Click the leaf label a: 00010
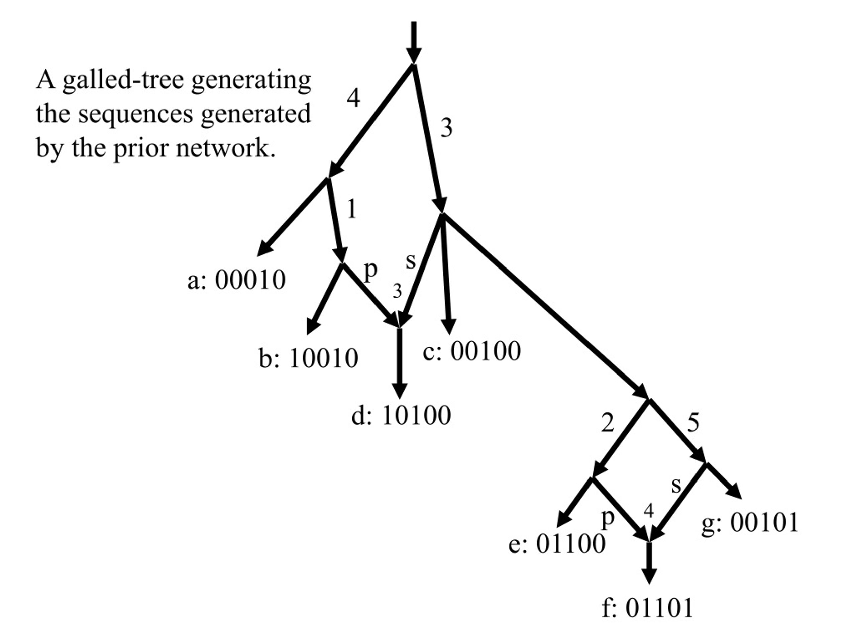click(x=236, y=280)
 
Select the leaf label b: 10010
click(x=308, y=358)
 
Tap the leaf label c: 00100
click(x=472, y=351)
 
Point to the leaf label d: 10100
click(x=401, y=415)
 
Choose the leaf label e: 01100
click(x=557, y=543)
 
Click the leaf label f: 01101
click(x=647, y=608)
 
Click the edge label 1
click(x=351, y=209)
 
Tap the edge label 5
click(x=693, y=422)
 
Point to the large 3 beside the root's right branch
click(x=446, y=128)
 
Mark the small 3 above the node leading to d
click(x=397, y=291)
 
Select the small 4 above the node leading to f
click(x=649, y=511)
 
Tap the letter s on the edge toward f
click(x=676, y=485)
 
